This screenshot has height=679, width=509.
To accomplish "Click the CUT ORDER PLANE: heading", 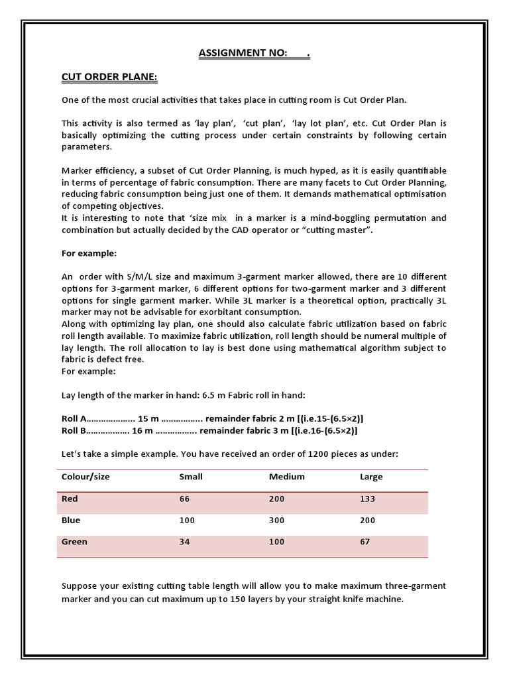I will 109,78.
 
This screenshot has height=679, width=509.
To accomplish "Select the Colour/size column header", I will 85,477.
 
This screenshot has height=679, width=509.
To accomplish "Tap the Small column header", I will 191,477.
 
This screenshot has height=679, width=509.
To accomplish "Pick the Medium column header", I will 286,477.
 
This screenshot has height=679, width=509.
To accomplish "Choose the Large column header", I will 370,477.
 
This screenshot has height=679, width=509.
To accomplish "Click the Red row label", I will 70,499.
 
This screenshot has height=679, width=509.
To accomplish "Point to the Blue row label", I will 71,521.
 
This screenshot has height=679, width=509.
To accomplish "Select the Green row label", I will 74,542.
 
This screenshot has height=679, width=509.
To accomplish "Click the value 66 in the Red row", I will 184,499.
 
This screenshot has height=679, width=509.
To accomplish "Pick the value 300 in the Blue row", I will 277,521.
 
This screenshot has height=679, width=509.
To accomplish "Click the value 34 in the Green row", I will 184,542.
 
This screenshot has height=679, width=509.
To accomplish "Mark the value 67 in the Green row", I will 365,542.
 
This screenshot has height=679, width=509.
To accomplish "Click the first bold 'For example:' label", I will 88,253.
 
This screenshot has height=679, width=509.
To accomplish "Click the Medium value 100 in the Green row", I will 277,542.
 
